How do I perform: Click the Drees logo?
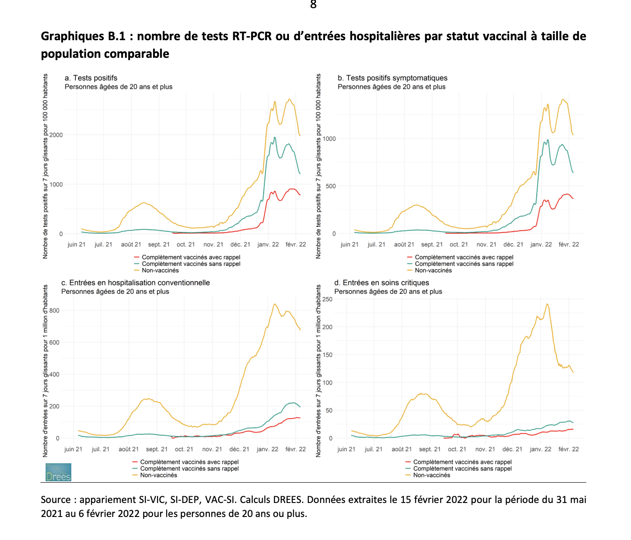pyautogui.click(x=58, y=472)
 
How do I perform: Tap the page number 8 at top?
pyautogui.click(x=313, y=5)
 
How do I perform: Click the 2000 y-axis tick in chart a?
pyautogui.click(x=56, y=135)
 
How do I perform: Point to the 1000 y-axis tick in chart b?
pyautogui.click(x=329, y=139)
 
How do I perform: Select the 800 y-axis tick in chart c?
pyautogui.click(x=55, y=311)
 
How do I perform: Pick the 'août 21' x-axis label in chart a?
pyautogui.click(x=131, y=244)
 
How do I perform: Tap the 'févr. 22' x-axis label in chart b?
pyautogui.click(x=569, y=244)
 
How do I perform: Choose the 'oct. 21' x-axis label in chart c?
pyautogui.click(x=184, y=449)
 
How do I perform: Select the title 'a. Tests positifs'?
pyautogui.click(x=91, y=78)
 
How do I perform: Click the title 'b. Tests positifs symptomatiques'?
pyautogui.click(x=393, y=78)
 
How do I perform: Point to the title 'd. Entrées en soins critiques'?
pyautogui.click(x=382, y=283)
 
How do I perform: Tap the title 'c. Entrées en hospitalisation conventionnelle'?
pyautogui.click(x=136, y=283)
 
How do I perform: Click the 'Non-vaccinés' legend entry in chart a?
pyautogui.click(x=160, y=270)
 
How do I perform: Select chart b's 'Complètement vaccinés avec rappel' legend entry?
pyautogui.click(x=464, y=257)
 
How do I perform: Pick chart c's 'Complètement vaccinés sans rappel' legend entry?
pyautogui.click(x=189, y=469)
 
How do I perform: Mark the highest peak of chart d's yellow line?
pyautogui.click(x=547, y=304)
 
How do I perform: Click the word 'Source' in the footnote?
pyautogui.click(x=56, y=500)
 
